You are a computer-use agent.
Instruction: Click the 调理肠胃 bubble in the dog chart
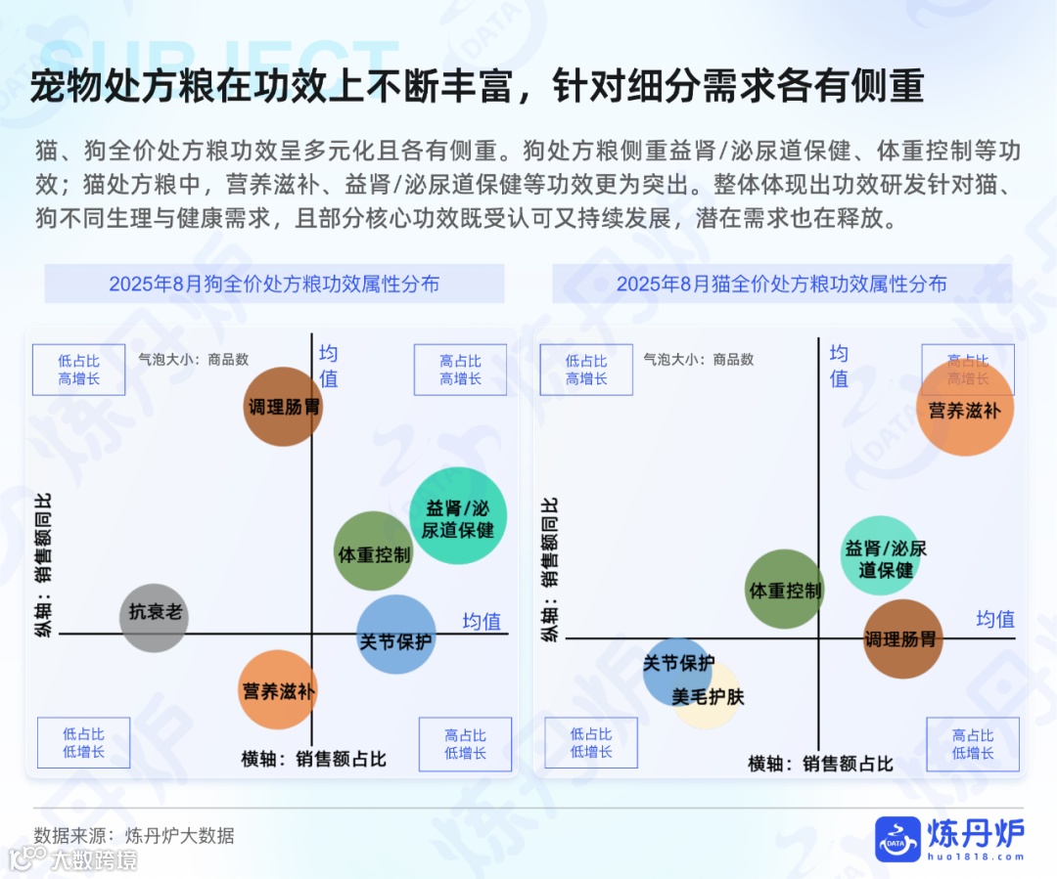tap(283, 407)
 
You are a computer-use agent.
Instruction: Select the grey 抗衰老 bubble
tap(154, 616)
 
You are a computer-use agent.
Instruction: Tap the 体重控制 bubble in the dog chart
tap(373, 552)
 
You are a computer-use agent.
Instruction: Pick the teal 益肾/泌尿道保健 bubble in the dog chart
tap(458, 516)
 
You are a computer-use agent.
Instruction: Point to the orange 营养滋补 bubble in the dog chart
tap(279, 690)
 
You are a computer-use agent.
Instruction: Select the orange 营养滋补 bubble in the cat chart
tap(965, 408)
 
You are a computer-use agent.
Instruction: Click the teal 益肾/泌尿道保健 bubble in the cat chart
tap(883, 555)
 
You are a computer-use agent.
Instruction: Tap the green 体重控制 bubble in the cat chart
tap(784, 589)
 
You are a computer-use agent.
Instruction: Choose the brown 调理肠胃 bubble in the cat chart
tap(901, 639)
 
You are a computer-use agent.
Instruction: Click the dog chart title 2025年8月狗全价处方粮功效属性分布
tap(274, 285)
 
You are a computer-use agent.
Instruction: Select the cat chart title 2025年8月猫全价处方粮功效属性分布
tap(782, 285)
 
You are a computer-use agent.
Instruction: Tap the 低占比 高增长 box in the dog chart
tap(78, 370)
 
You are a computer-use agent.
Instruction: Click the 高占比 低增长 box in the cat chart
tap(973, 744)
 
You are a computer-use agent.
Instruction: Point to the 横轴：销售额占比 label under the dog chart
tap(314, 760)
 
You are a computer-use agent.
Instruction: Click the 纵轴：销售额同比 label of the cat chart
tap(551, 570)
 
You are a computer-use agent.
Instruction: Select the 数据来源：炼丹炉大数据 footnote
tap(134, 835)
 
